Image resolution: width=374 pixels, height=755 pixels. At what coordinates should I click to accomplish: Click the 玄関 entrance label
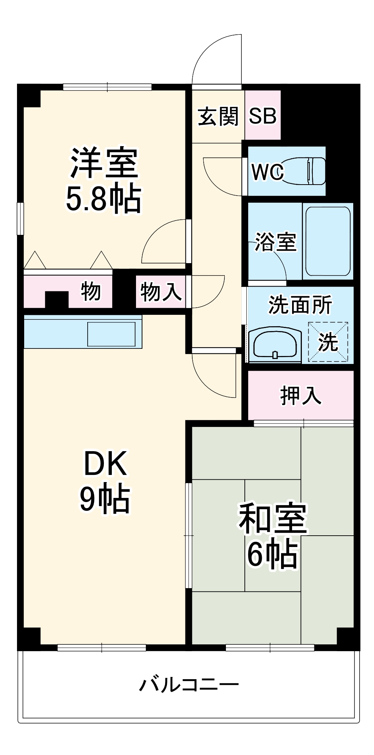point(218,116)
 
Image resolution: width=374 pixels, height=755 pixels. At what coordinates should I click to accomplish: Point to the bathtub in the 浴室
point(328,241)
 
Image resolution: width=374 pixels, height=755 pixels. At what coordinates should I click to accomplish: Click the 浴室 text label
point(275,242)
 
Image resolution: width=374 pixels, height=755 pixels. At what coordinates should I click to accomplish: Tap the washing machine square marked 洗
point(328,342)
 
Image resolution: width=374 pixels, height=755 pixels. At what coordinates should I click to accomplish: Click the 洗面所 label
point(300,304)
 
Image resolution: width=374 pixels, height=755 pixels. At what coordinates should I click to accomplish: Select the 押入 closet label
point(301,396)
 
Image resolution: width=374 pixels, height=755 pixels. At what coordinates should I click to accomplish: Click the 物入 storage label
point(161,292)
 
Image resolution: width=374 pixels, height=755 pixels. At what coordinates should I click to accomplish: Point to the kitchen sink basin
point(111,334)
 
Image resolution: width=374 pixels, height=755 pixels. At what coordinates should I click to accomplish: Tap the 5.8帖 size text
point(104,198)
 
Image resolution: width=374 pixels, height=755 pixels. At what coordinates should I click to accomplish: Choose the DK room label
point(105,463)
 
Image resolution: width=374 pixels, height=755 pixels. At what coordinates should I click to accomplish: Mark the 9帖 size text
point(105,498)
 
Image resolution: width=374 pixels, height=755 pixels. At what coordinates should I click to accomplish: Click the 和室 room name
point(273,518)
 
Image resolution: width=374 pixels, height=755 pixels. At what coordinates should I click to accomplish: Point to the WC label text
point(267,172)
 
